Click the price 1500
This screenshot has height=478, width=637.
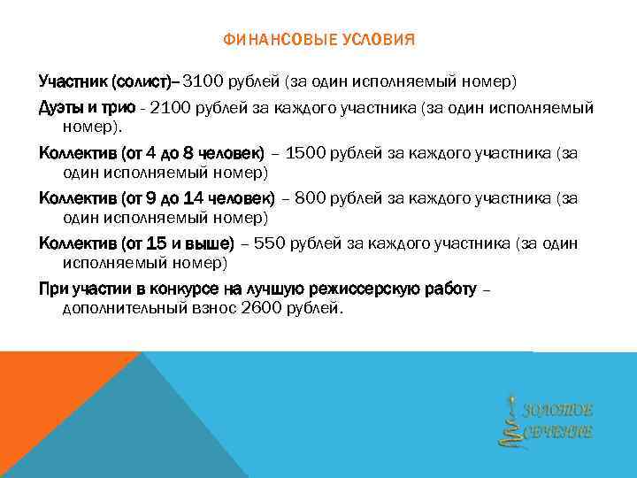pyautogui.click(x=307, y=152)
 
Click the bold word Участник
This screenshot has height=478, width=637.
pyautogui.click(x=72, y=82)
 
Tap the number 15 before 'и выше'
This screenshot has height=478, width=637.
pyautogui.click(x=159, y=243)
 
